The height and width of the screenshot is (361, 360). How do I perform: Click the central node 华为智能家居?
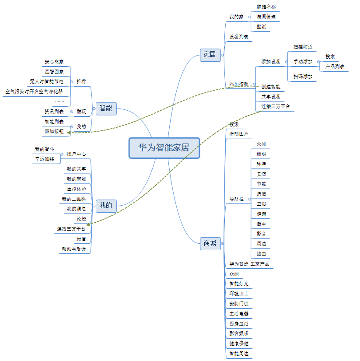[x=164, y=148]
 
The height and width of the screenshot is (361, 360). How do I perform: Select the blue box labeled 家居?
[x=210, y=55]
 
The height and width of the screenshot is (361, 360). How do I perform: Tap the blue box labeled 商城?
[x=210, y=243]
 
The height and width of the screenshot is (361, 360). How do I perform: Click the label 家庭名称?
[x=266, y=7]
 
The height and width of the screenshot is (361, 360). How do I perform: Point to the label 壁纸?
[x=261, y=27]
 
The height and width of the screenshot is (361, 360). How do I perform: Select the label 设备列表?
[x=239, y=37]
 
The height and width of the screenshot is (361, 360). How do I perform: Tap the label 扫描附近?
[x=303, y=47]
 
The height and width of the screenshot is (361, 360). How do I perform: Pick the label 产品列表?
[x=335, y=67]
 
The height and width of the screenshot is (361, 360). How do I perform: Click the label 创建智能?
[x=271, y=87]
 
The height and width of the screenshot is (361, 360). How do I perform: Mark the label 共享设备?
[x=271, y=97]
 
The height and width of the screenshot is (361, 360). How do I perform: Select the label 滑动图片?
[x=239, y=134]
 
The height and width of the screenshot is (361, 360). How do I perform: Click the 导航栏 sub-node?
[x=237, y=199]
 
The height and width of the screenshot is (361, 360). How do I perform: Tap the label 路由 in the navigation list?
[x=261, y=254]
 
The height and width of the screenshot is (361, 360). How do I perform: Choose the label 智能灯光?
[x=239, y=284]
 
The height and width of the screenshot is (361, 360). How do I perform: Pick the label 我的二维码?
[x=73, y=199]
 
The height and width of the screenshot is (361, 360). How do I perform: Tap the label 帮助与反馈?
[x=73, y=249]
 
